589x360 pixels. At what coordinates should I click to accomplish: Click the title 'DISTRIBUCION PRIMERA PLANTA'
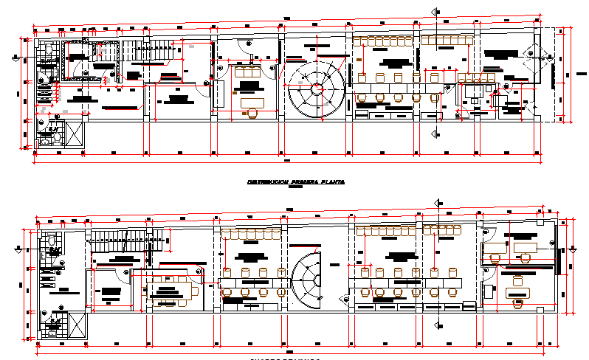coord(294,181)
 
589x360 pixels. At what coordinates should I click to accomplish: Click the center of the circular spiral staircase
coord(317,88)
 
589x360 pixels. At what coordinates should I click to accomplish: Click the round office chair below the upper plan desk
coord(252,114)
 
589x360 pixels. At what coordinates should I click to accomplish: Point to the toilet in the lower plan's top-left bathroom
coord(49,240)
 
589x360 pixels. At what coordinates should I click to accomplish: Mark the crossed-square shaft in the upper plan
coord(75,134)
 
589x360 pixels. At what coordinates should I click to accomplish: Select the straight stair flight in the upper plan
coord(152,52)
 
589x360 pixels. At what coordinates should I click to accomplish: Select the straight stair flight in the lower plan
coord(125,240)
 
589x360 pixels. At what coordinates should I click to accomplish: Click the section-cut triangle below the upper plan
coord(433,134)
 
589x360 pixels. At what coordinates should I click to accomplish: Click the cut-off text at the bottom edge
coord(283,358)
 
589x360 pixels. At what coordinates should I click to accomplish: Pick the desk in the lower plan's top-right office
coord(526,247)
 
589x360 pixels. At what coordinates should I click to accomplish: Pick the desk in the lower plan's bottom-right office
coord(518,293)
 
